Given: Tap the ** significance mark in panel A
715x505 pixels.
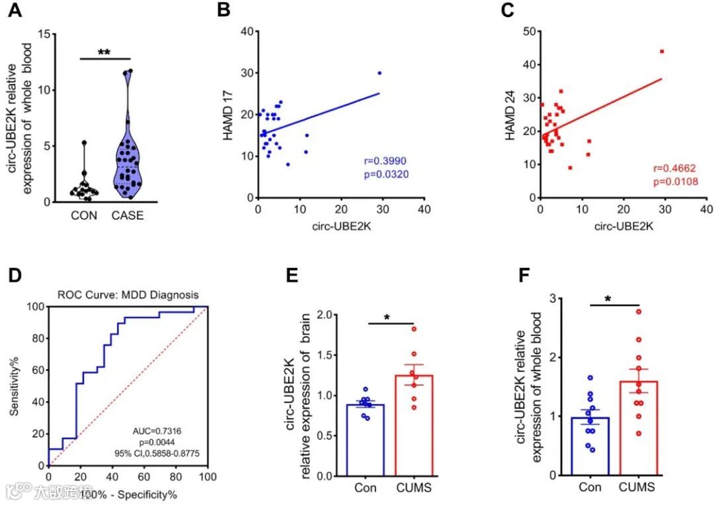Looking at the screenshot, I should (104, 52).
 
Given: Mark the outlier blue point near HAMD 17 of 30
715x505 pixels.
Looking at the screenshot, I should (379, 73).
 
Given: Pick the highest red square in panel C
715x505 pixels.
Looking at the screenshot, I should (661, 51).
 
